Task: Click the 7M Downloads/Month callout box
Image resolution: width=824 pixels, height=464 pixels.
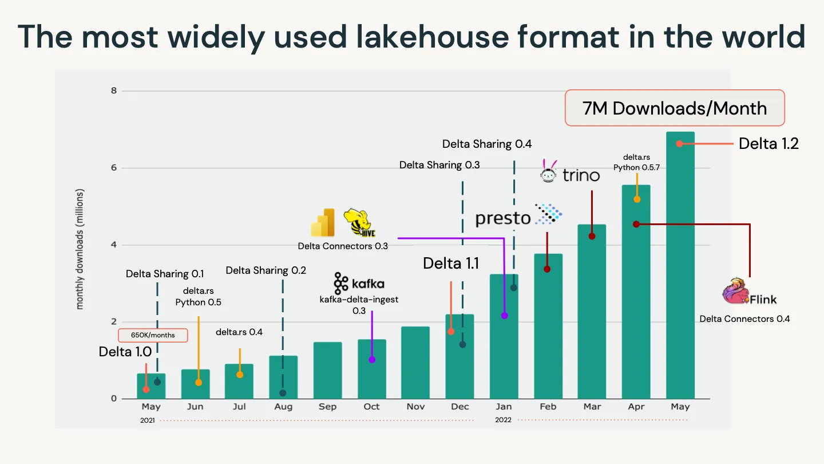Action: pyautogui.click(x=675, y=108)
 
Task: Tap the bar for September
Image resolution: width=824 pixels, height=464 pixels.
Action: pyautogui.click(x=327, y=371)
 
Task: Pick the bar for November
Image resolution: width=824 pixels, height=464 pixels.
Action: pyautogui.click(x=415, y=363)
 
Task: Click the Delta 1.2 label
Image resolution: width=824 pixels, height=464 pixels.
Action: pyautogui.click(x=768, y=144)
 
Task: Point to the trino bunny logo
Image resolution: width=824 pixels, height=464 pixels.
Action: pyautogui.click(x=549, y=171)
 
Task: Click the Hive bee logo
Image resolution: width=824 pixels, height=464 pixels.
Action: pyautogui.click(x=359, y=223)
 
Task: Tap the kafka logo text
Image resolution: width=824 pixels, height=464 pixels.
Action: pyautogui.click(x=367, y=284)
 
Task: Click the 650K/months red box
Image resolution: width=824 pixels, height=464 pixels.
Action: pyautogui.click(x=153, y=335)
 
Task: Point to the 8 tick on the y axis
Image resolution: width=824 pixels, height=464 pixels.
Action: pyautogui.click(x=113, y=91)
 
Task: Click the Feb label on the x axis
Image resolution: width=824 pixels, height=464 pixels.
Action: pyautogui.click(x=548, y=407)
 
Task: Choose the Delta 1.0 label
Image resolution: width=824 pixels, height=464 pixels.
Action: pyautogui.click(x=125, y=352)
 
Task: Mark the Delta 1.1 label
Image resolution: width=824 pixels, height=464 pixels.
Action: pyautogui.click(x=450, y=264)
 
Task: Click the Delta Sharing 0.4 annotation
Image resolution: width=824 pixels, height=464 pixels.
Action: pyautogui.click(x=487, y=144)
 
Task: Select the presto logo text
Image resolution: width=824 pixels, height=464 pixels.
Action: pyautogui.click(x=503, y=218)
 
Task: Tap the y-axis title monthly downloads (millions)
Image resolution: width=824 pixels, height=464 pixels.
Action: pyautogui.click(x=80, y=249)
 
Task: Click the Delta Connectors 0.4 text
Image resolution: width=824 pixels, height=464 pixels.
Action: pyautogui.click(x=744, y=318)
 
